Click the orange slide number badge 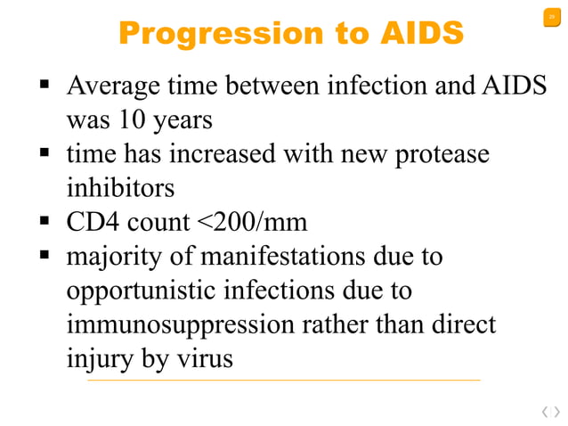(551, 19)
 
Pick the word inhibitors (119, 188)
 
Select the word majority (117, 258)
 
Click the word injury (95, 359)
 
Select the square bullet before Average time (42, 87)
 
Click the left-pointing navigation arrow (542, 411)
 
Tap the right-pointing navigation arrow (556, 411)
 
